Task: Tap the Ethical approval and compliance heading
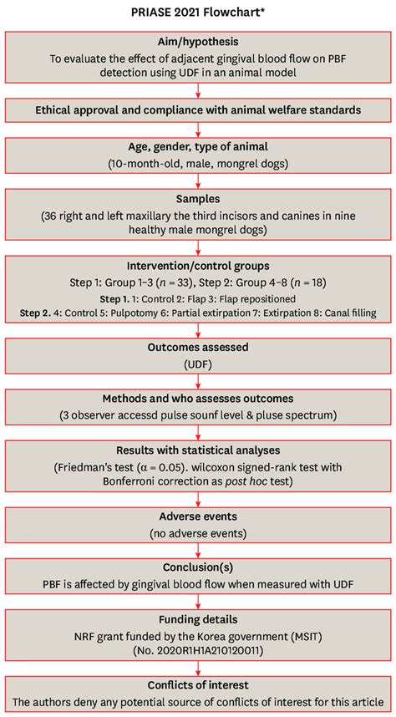click(x=198, y=109)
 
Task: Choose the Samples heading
click(x=198, y=200)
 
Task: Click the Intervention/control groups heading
click(x=198, y=265)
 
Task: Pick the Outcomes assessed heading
click(x=198, y=347)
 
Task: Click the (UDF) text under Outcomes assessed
click(x=198, y=364)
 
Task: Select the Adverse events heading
click(x=198, y=516)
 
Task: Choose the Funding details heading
click(x=198, y=620)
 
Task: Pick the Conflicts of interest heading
click(x=198, y=688)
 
